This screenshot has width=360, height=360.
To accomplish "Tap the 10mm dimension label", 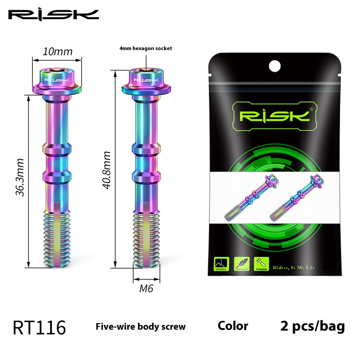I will [x=57, y=52].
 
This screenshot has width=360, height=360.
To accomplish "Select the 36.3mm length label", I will [x=20, y=177].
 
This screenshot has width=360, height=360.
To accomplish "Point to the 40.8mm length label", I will [x=107, y=170].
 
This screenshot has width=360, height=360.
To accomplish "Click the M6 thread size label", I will [x=146, y=289].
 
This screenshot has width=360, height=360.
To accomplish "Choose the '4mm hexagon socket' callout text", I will [x=146, y=48].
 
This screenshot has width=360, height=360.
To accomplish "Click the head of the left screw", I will [x=57, y=81].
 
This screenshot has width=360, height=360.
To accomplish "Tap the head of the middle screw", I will [x=146, y=81].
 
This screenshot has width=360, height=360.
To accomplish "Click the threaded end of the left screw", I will [x=57, y=240].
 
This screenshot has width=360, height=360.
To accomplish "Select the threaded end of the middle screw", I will [x=146, y=240].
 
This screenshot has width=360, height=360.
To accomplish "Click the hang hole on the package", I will [x=274, y=66].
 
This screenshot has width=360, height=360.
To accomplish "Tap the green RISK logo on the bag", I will [x=274, y=116].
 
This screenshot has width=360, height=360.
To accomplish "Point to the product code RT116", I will [x=39, y=328].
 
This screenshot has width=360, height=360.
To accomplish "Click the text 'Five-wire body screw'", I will [x=140, y=327].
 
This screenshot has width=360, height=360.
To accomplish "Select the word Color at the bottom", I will [x=233, y=326].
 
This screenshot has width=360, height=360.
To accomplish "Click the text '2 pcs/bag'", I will [x=312, y=326].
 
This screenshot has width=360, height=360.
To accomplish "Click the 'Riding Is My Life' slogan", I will [x=293, y=268].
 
